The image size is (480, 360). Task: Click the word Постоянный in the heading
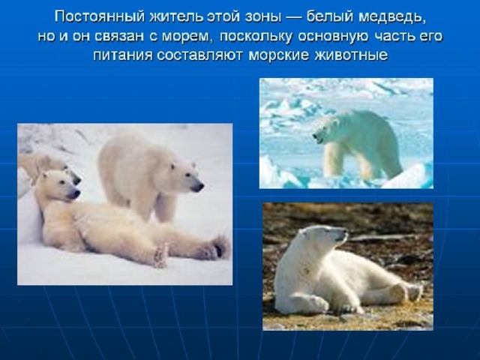coord(100,17)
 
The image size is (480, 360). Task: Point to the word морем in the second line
coord(187,37)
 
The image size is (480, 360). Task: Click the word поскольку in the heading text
coord(256,37)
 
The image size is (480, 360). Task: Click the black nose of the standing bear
coord(198,187)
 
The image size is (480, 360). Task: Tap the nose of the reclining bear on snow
coord(75,194)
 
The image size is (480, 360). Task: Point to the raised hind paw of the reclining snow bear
coord(219,247)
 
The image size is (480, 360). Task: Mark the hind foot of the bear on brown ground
coord(413,291)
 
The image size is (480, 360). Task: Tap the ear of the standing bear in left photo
coord(193,165)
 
